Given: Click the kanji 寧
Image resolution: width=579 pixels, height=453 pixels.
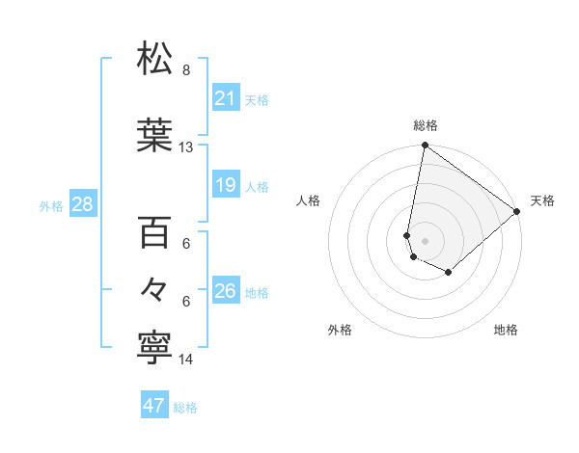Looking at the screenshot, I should (155, 348).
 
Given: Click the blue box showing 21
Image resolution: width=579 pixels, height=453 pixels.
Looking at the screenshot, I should (226, 98).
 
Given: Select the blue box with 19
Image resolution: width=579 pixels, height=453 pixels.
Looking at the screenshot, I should (226, 186).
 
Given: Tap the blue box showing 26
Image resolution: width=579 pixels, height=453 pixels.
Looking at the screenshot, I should (226, 291).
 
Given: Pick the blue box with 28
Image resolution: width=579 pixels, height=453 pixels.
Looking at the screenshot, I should (82, 204).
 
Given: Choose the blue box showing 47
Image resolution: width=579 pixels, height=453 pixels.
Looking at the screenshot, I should (154, 406).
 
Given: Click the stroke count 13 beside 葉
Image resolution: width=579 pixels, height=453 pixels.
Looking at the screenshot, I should (185, 147).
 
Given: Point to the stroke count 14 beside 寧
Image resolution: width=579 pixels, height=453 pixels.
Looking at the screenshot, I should (186, 360).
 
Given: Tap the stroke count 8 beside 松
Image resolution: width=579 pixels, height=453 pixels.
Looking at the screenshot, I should (185, 70).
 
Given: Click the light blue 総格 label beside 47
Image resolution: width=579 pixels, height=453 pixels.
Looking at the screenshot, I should (185, 408).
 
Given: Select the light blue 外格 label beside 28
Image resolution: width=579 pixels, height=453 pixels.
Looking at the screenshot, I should (51, 205).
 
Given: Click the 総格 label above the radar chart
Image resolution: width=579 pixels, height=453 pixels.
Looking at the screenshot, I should (425, 125).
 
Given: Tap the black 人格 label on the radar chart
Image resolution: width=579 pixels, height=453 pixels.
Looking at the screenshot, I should (309, 200).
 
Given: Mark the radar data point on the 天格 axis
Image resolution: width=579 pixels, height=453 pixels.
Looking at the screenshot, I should (517, 212).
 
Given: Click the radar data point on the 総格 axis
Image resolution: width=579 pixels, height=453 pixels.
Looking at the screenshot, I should (425, 147).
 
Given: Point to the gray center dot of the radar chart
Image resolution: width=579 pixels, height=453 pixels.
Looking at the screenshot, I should (425, 239).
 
